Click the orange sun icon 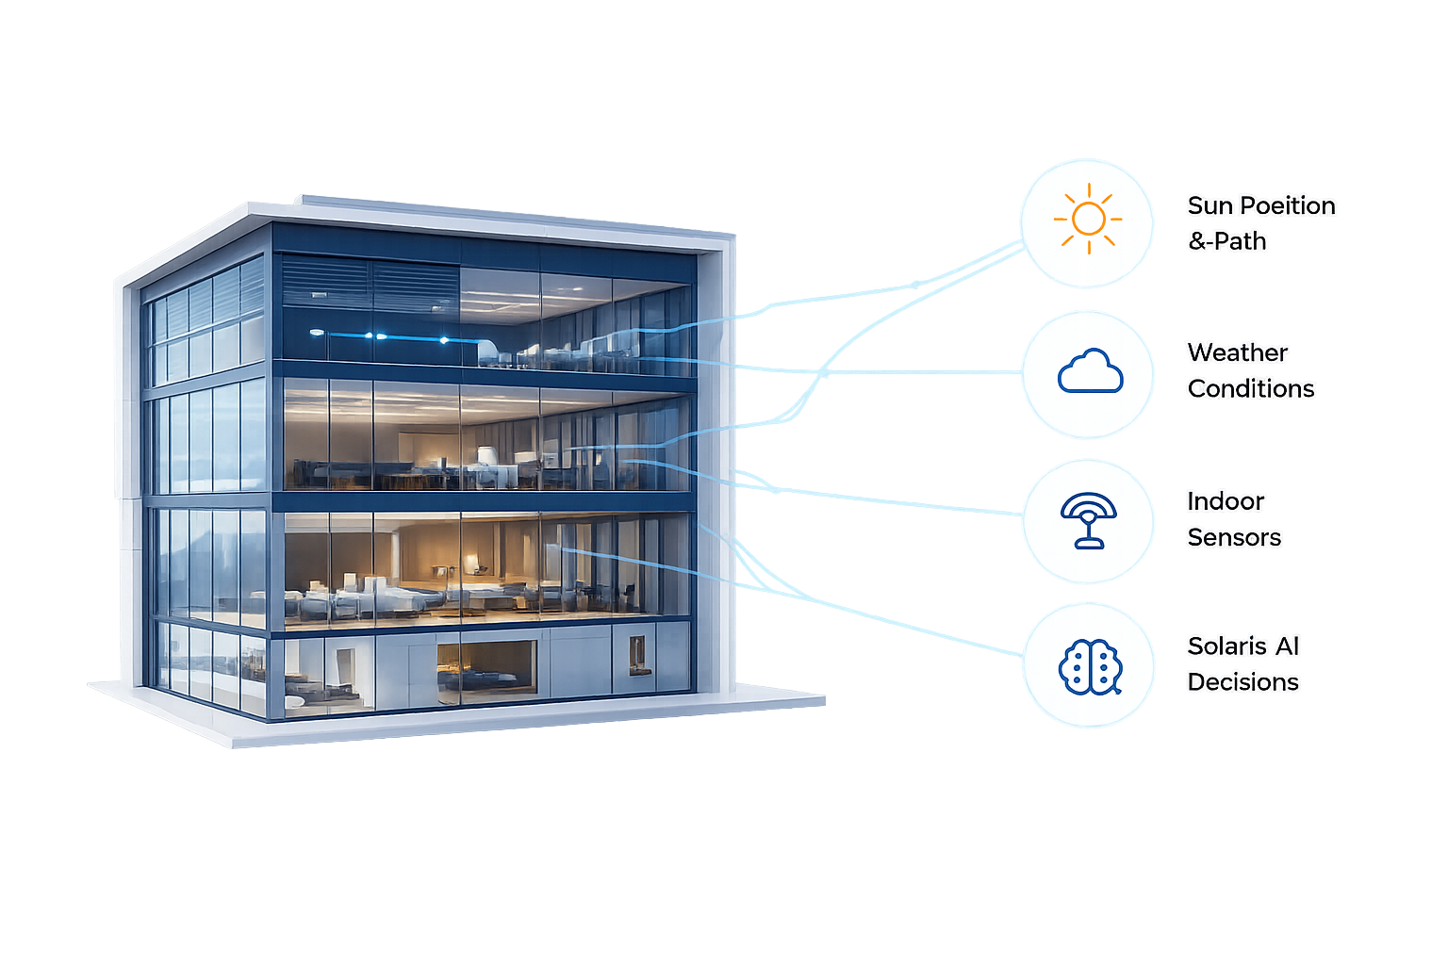(x=1089, y=220)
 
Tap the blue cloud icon (x=1091, y=370)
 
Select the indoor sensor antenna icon (x=1089, y=520)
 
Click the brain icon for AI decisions (x=1091, y=667)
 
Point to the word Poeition (x=1289, y=205)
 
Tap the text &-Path (x=1226, y=241)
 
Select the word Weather (x=1237, y=352)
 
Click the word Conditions (x=1251, y=388)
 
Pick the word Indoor (x=1226, y=501)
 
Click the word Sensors (x=1234, y=537)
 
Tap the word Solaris (x=1226, y=646)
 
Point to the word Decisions (x=1243, y=682)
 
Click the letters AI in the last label (x=1287, y=646)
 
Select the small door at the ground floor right (x=637, y=655)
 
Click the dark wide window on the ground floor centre (x=486, y=668)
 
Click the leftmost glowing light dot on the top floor (x=317, y=333)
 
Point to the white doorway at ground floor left (x=344, y=672)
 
